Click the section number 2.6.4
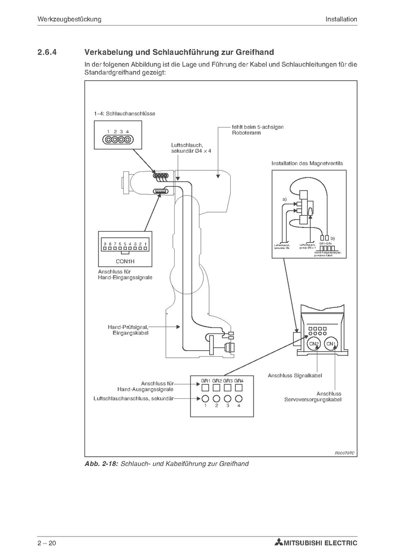coord(47,52)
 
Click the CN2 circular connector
coord(314,344)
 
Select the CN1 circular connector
coord(331,344)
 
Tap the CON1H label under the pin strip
coord(125,262)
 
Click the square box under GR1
coord(205,387)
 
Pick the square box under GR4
coord(239,387)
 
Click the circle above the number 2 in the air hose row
coord(217,398)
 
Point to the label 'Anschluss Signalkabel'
coord(295,375)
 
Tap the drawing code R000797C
coord(345,453)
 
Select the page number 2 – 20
coord(47,543)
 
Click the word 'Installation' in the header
coord(341,19)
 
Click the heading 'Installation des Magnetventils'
coord(307,163)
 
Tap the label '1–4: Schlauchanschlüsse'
coord(124,113)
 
